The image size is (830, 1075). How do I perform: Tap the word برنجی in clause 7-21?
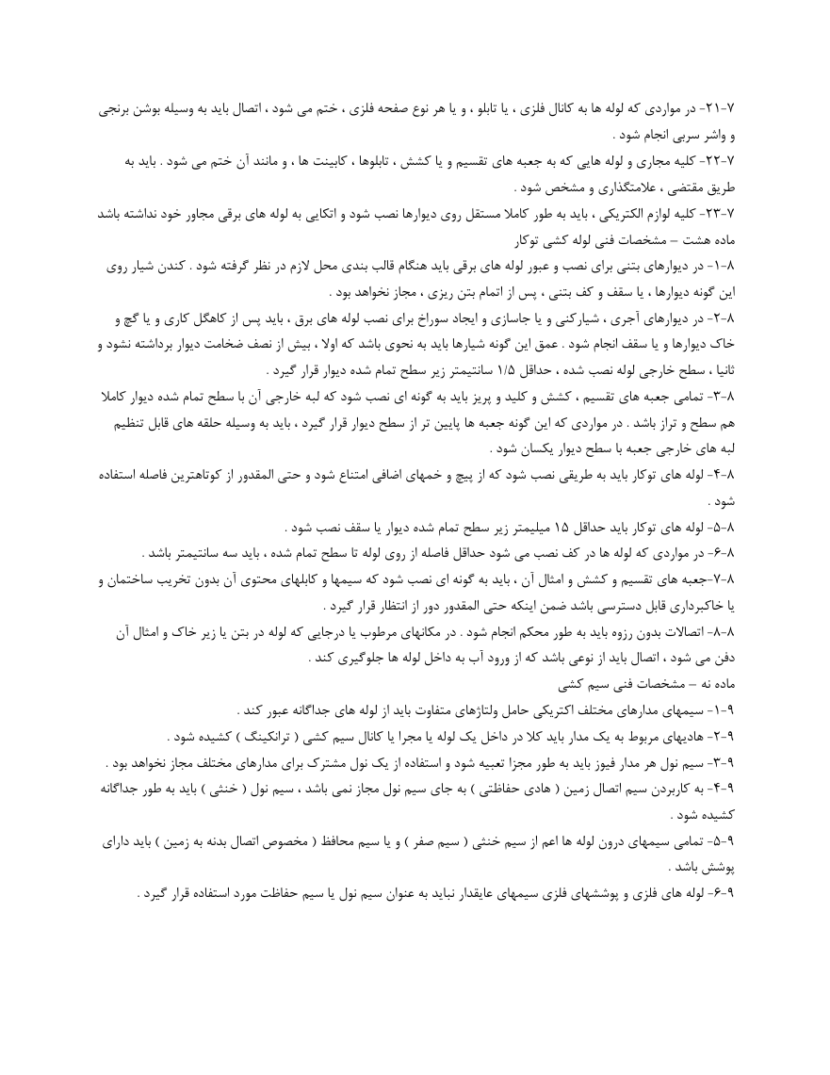119,111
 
